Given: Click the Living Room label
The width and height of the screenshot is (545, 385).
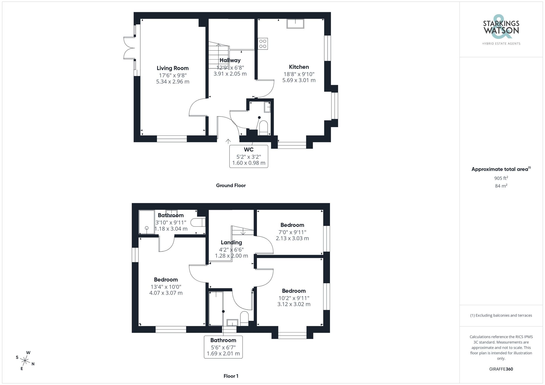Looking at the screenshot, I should [x=172, y=68].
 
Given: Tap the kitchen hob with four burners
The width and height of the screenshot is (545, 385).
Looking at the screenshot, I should [x=263, y=44].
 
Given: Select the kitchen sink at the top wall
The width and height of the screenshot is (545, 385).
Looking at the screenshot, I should [x=295, y=24].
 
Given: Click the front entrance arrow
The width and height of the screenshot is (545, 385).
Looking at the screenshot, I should [x=228, y=141].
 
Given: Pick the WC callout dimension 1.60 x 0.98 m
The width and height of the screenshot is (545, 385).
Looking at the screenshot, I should [x=249, y=163].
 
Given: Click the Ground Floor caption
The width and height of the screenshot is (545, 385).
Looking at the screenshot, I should [x=231, y=186].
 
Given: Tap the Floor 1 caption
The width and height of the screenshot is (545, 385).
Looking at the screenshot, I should [x=231, y=376].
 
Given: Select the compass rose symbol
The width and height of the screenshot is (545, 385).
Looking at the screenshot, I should [x=25, y=361].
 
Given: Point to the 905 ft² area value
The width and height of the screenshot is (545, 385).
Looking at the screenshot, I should [x=501, y=178].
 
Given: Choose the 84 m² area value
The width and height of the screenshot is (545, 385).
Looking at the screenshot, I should [x=501, y=186].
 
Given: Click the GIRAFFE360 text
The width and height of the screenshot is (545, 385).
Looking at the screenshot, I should [x=501, y=369].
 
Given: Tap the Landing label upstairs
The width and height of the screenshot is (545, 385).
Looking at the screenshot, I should [x=231, y=242].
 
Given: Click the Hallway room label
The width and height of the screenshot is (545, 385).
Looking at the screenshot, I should [x=230, y=60].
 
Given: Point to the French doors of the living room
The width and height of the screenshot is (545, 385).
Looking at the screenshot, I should [x=129, y=48].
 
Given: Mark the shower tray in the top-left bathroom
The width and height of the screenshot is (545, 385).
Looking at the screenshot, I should [x=147, y=222].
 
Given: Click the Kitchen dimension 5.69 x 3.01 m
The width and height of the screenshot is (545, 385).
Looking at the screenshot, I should [x=299, y=80].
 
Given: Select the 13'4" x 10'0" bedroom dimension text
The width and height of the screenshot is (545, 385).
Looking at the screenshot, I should [x=166, y=287].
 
